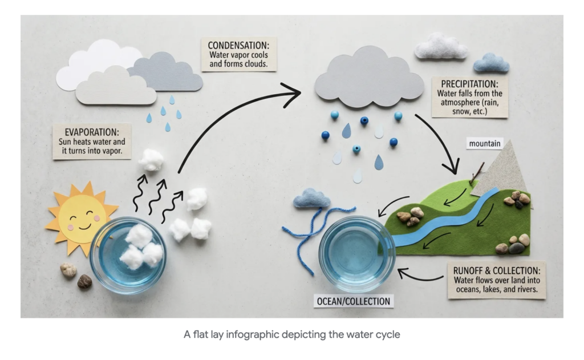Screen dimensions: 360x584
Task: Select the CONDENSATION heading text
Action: pyautogui.click(x=238, y=45)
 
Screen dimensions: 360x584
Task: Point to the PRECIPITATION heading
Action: pyautogui.click(x=469, y=83)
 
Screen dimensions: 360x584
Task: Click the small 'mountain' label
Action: pyautogui.click(x=485, y=144)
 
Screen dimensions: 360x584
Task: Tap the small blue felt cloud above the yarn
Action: pyautogui.click(x=311, y=199)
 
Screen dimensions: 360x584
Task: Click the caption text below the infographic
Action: pyautogui.click(x=291, y=334)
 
